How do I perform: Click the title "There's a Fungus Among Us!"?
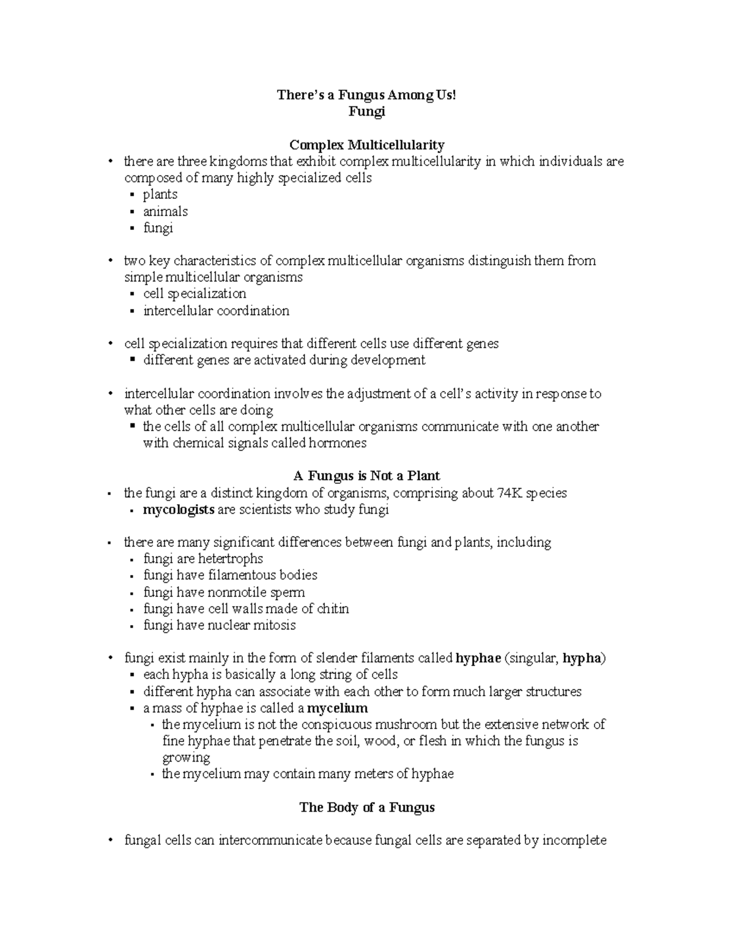[366, 95]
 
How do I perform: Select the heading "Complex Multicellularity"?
[366, 145]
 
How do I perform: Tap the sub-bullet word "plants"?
[160, 195]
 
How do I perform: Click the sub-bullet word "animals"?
[165, 212]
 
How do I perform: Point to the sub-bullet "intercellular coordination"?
[216, 311]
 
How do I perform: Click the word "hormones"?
[338, 443]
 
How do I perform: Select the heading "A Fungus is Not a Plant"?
[366, 476]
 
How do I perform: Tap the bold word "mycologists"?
[179, 510]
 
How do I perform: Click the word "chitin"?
[333, 609]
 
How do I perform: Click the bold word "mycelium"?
[337, 708]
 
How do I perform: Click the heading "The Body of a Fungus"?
[366, 807]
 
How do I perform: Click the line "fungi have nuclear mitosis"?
[219, 625]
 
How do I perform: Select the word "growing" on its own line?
[186, 758]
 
